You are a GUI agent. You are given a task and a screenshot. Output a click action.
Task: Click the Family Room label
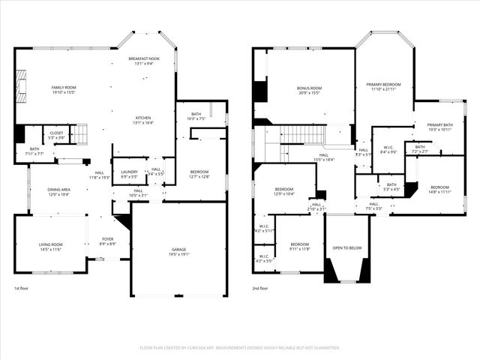64,90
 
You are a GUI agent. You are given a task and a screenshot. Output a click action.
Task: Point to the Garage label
178,252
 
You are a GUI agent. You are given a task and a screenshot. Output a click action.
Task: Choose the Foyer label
108,241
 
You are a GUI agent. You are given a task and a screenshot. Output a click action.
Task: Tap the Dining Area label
58,192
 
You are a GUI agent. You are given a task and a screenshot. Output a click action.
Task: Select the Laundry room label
129,174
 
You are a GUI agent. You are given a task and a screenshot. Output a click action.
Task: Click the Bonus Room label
309,91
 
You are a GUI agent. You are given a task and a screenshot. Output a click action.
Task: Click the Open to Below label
347,248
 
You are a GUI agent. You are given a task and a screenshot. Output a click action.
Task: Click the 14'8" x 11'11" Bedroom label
439,189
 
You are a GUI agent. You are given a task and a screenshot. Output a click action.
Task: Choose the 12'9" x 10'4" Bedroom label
283,191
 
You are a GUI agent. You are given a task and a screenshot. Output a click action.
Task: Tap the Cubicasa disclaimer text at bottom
240,348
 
